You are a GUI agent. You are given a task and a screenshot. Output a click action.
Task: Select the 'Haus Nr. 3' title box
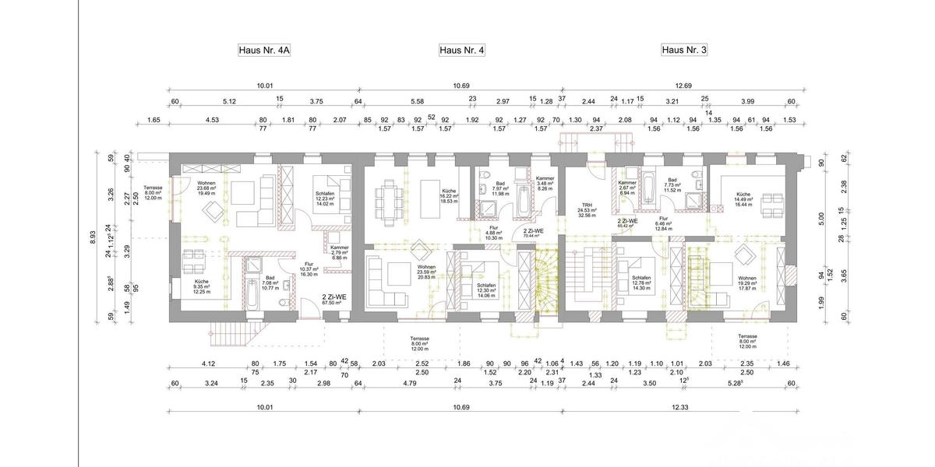(684, 51)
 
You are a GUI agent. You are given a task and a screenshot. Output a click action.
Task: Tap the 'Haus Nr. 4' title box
(462, 51)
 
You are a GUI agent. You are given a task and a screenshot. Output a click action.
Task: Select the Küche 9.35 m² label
(202, 286)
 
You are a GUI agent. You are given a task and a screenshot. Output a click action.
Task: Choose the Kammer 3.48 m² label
(545, 183)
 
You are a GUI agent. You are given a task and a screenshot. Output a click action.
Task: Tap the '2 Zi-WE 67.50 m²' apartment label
(335, 300)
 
